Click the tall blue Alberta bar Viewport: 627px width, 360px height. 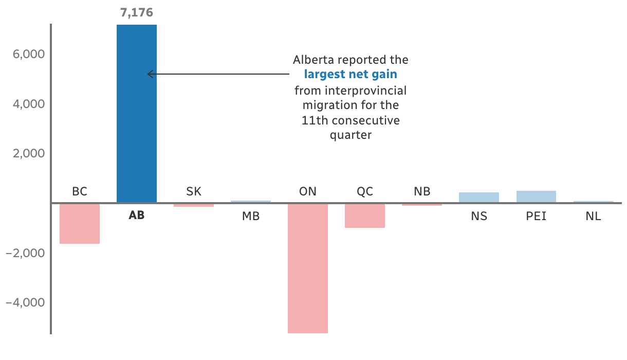tap(137, 114)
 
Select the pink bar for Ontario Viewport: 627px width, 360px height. tap(308, 268)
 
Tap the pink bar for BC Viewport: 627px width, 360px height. tap(80, 224)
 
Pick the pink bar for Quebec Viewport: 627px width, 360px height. tap(365, 215)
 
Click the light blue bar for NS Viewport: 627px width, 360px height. tap(479, 197)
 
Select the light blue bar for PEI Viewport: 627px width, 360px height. tap(536, 196)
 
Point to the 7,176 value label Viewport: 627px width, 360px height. tap(137, 13)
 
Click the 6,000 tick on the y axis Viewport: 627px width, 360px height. tap(29, 54)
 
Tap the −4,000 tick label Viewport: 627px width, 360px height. tap(25, 302)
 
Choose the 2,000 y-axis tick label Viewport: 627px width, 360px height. tap(29, 154)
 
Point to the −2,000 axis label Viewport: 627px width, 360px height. tap(25, 253)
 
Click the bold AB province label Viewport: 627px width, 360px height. tap(137, 215)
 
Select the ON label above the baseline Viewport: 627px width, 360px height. tap(308, 192)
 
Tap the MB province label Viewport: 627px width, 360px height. tap(251, 216)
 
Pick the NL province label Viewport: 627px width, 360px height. tap(593, 216)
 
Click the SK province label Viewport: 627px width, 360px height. tap(194, 192)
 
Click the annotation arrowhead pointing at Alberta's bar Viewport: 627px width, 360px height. tap(150, 74)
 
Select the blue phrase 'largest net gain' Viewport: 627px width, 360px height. tap(351, 74)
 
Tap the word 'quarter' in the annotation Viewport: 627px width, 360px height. tap(351, 135)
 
